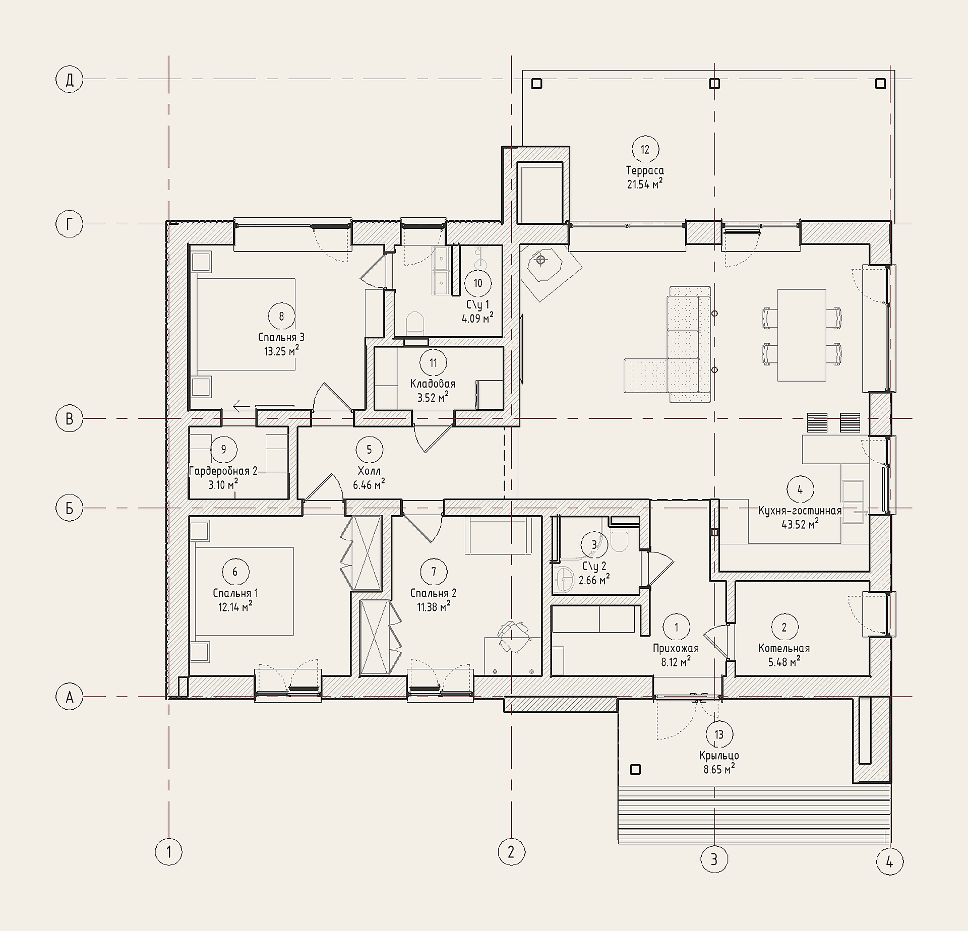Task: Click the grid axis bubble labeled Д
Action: (x=69, y=79)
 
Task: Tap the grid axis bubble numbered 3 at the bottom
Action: (x=714, y=858)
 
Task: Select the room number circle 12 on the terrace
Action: (x=645, y=149)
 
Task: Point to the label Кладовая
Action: (x=433, y=384)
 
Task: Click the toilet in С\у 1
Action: (x=414, y=323)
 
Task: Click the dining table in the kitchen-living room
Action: (x=802, y=335)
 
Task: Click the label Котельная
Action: (x=784, y=648)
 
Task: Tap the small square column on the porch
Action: (x=636, y=770)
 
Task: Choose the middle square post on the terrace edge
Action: (x=714, y=83)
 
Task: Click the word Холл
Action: (x=369, y=471)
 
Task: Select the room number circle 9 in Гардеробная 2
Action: (x=224, y=449)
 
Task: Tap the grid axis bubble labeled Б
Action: (x=69, y=508)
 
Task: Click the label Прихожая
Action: (x=676, y=648)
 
